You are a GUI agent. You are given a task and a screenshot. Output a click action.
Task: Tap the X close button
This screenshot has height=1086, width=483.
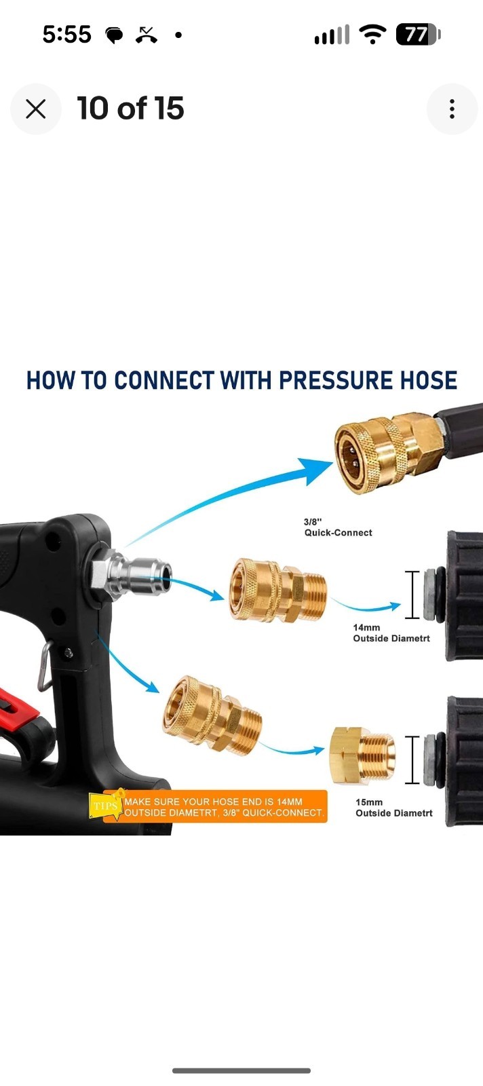pyautogui.click(x=36, y=109)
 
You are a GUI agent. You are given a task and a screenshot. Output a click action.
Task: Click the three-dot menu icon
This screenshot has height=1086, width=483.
pyautogui.click(x=452, y=109)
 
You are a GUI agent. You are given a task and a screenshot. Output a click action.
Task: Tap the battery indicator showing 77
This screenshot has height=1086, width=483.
pyautogui.click(x=418, y=35)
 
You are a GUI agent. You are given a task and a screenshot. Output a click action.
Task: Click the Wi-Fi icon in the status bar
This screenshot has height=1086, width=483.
pyautogui.click(x=372, y=35)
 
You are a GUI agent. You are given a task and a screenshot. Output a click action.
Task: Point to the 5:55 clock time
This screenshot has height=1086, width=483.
pyautogui.click(x=67, y=35)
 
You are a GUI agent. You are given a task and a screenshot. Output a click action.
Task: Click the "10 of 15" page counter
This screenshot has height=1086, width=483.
pyautogui.click(x=130, y=108)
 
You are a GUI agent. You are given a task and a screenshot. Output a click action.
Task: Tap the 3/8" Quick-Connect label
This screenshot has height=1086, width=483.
pyautogui.click(x=338, y=527)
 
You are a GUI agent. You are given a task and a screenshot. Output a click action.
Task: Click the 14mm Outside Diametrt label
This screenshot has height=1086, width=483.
pyautogui.click(x=391, y=633)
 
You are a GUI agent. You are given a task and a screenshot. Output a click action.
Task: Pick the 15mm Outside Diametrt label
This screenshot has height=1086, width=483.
pyautogui.click(x=394, y=808)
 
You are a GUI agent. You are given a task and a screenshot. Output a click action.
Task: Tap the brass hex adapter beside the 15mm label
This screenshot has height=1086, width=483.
pyautogui.click(x=362, y=755)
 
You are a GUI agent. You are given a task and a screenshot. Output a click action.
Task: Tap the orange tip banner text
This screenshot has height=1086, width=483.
pyautogui.click(x=224, y=807)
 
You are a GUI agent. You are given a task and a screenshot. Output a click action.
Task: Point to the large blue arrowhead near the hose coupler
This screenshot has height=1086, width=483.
pyautogui.click(x=314, y=471)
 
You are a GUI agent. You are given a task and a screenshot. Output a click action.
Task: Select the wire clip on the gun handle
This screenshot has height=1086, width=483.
pyautogui.click(x=45, y=666)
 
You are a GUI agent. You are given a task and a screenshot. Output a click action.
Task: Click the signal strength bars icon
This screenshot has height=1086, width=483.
pyautogui.click(x=331, y=35)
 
